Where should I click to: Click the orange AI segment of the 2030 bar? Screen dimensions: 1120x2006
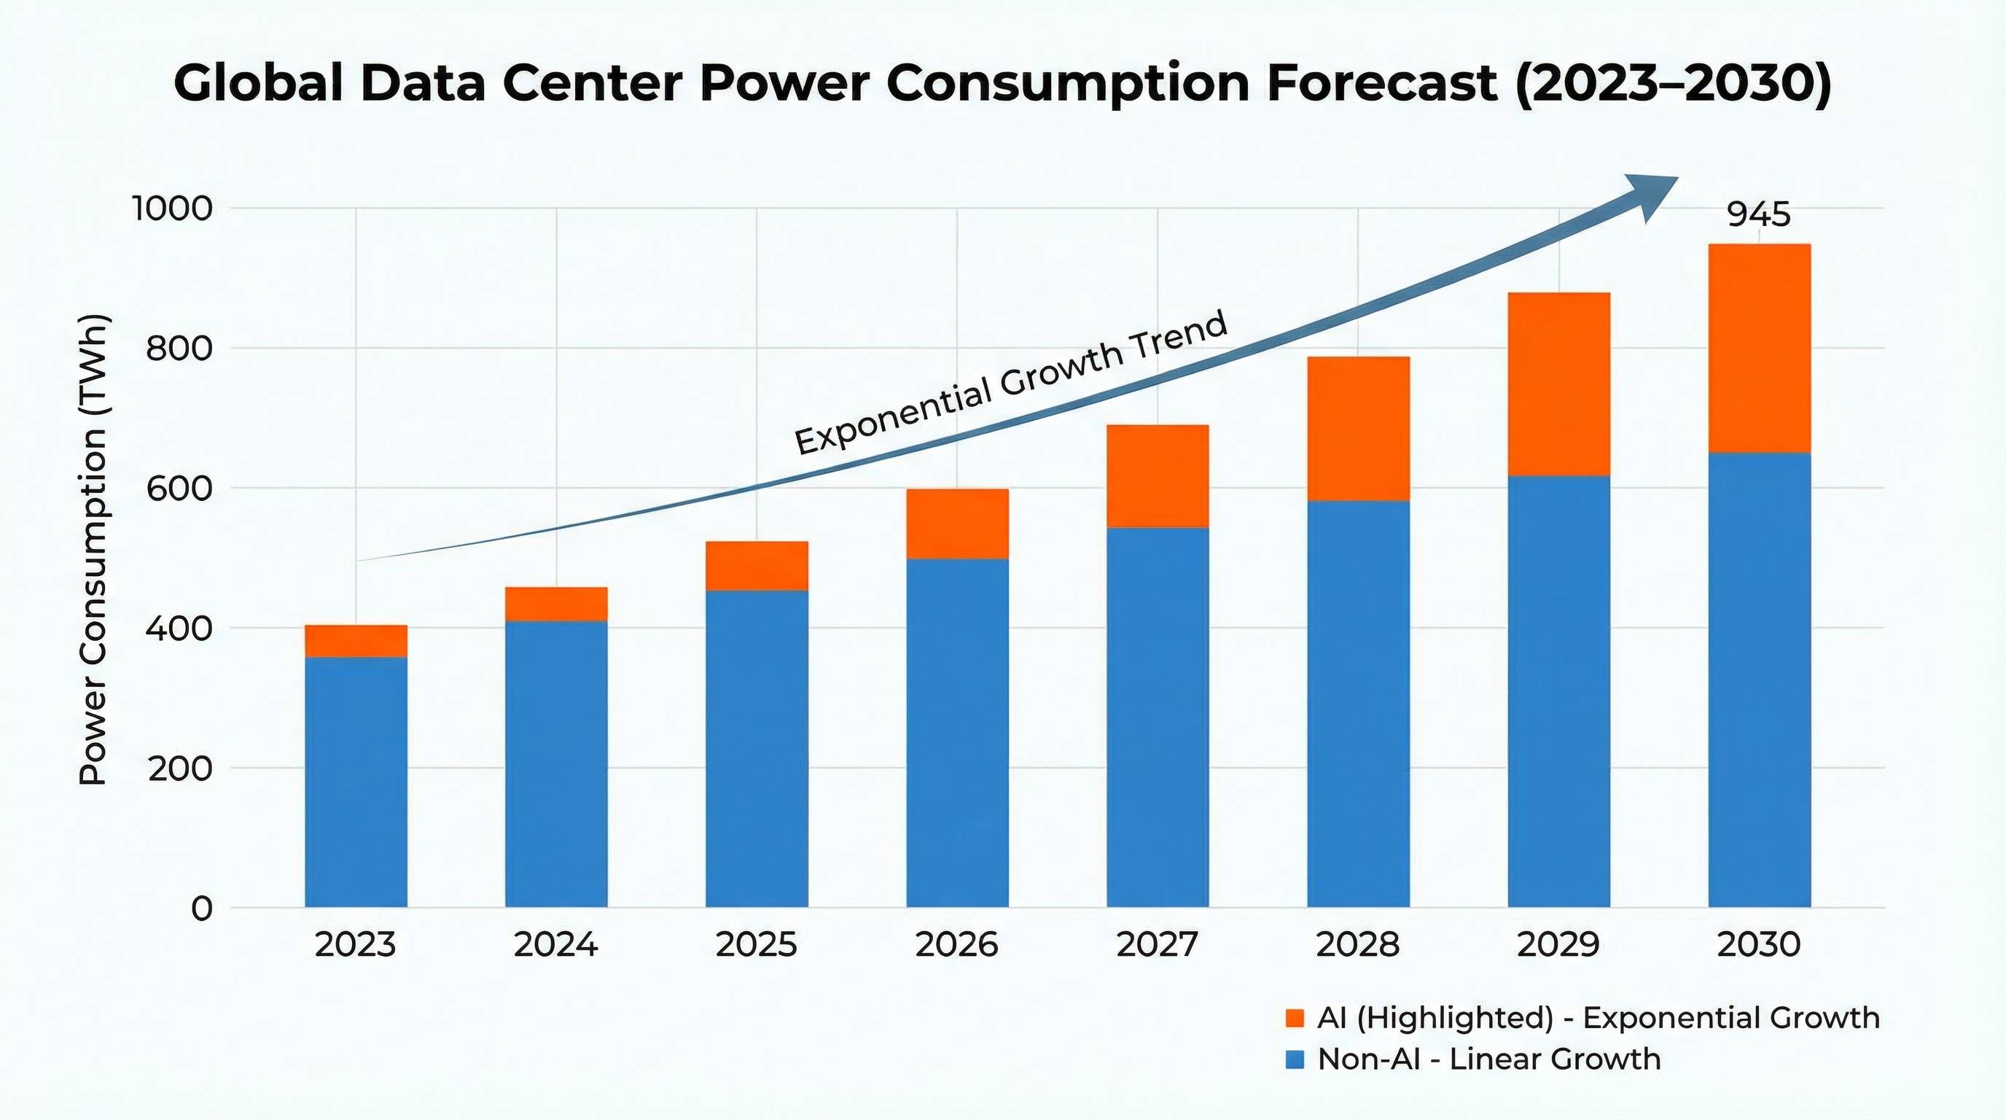click(1759, 348)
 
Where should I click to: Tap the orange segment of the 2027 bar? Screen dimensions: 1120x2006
click(1158, 476)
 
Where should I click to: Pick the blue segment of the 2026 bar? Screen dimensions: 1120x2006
click(957, 732)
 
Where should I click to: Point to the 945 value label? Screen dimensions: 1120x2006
click(1758, 214)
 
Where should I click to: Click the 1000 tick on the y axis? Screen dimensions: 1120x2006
click(172, 209)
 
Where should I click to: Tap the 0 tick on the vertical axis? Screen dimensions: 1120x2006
click(201, 908)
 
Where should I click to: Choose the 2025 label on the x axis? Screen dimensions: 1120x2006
click(756, 945)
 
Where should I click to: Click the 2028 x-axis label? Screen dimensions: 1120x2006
click(1357, 945)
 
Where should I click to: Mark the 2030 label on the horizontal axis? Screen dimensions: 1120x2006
click(1758, 945)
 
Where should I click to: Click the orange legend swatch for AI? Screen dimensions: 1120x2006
click(1295, 1018)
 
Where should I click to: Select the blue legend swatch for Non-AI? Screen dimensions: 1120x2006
click(1295, 1059)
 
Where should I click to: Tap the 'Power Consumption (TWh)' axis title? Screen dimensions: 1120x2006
click(93, 549)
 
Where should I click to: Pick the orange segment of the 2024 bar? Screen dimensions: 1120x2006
click(556, 604)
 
